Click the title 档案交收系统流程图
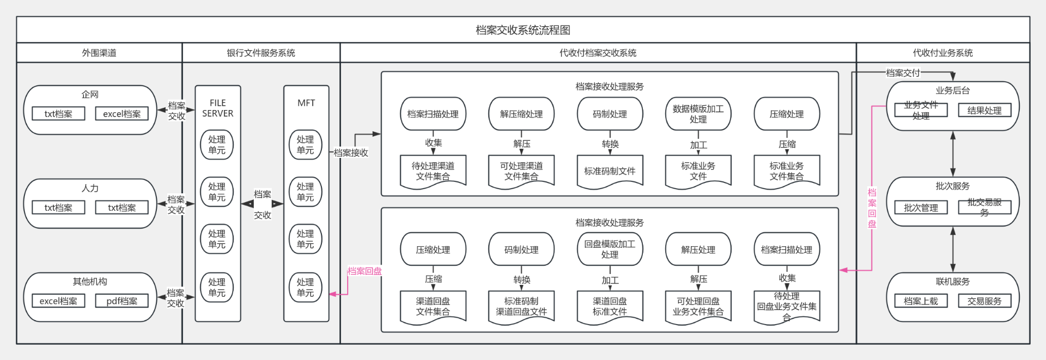point(522,30)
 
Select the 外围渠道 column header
point(99,53)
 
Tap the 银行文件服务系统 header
point(261,53)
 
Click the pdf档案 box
point(121,301)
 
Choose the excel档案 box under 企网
point(121,114)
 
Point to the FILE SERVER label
point(217,108)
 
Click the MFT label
point(306,103)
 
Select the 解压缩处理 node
point(521,114)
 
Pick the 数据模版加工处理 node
point(698,114)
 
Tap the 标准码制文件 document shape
point(610,171)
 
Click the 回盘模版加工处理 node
point(610,249)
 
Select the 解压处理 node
point(698,249)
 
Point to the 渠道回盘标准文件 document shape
point(610,307)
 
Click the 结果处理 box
point(984,111)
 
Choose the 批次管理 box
point(921,208)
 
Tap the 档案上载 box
point(921,301)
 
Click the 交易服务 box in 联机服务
point(984,301)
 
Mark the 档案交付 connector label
point(903,72)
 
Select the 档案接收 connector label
point(351,153)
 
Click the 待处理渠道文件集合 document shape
point(433,171)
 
